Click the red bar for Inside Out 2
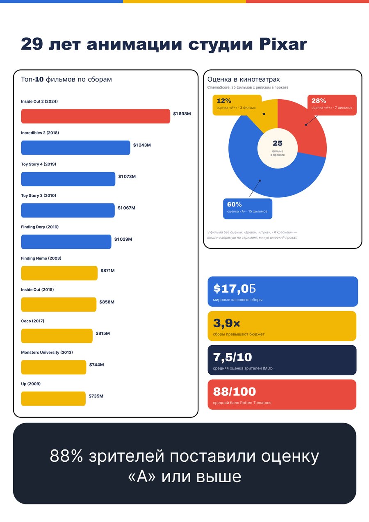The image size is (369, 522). (x=96, y=116)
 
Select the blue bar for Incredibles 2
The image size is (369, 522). (x=75, y=148)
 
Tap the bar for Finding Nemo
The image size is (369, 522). (x=59, y=273)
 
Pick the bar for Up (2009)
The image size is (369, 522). (x=53, y=399)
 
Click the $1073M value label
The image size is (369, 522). (x=127, y=176)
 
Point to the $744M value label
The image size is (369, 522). (x=96, y=365)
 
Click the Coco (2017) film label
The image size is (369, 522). (x=33, y=321)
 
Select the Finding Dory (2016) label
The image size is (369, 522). (x=40, y=227)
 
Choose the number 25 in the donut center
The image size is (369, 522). (x=278, y=143)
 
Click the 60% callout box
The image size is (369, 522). (x=248, y=209)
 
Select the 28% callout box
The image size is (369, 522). (x=332, y=105)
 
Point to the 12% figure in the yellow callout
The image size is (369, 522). (x=224, y=101)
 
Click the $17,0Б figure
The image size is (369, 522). (x=235, y=289)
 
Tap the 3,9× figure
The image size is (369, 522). (x=226, y=323)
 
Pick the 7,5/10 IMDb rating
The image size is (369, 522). (x=232, y=357)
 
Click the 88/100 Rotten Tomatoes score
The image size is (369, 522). (x=235, y=392)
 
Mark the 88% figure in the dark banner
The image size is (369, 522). (x=66, y=456)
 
